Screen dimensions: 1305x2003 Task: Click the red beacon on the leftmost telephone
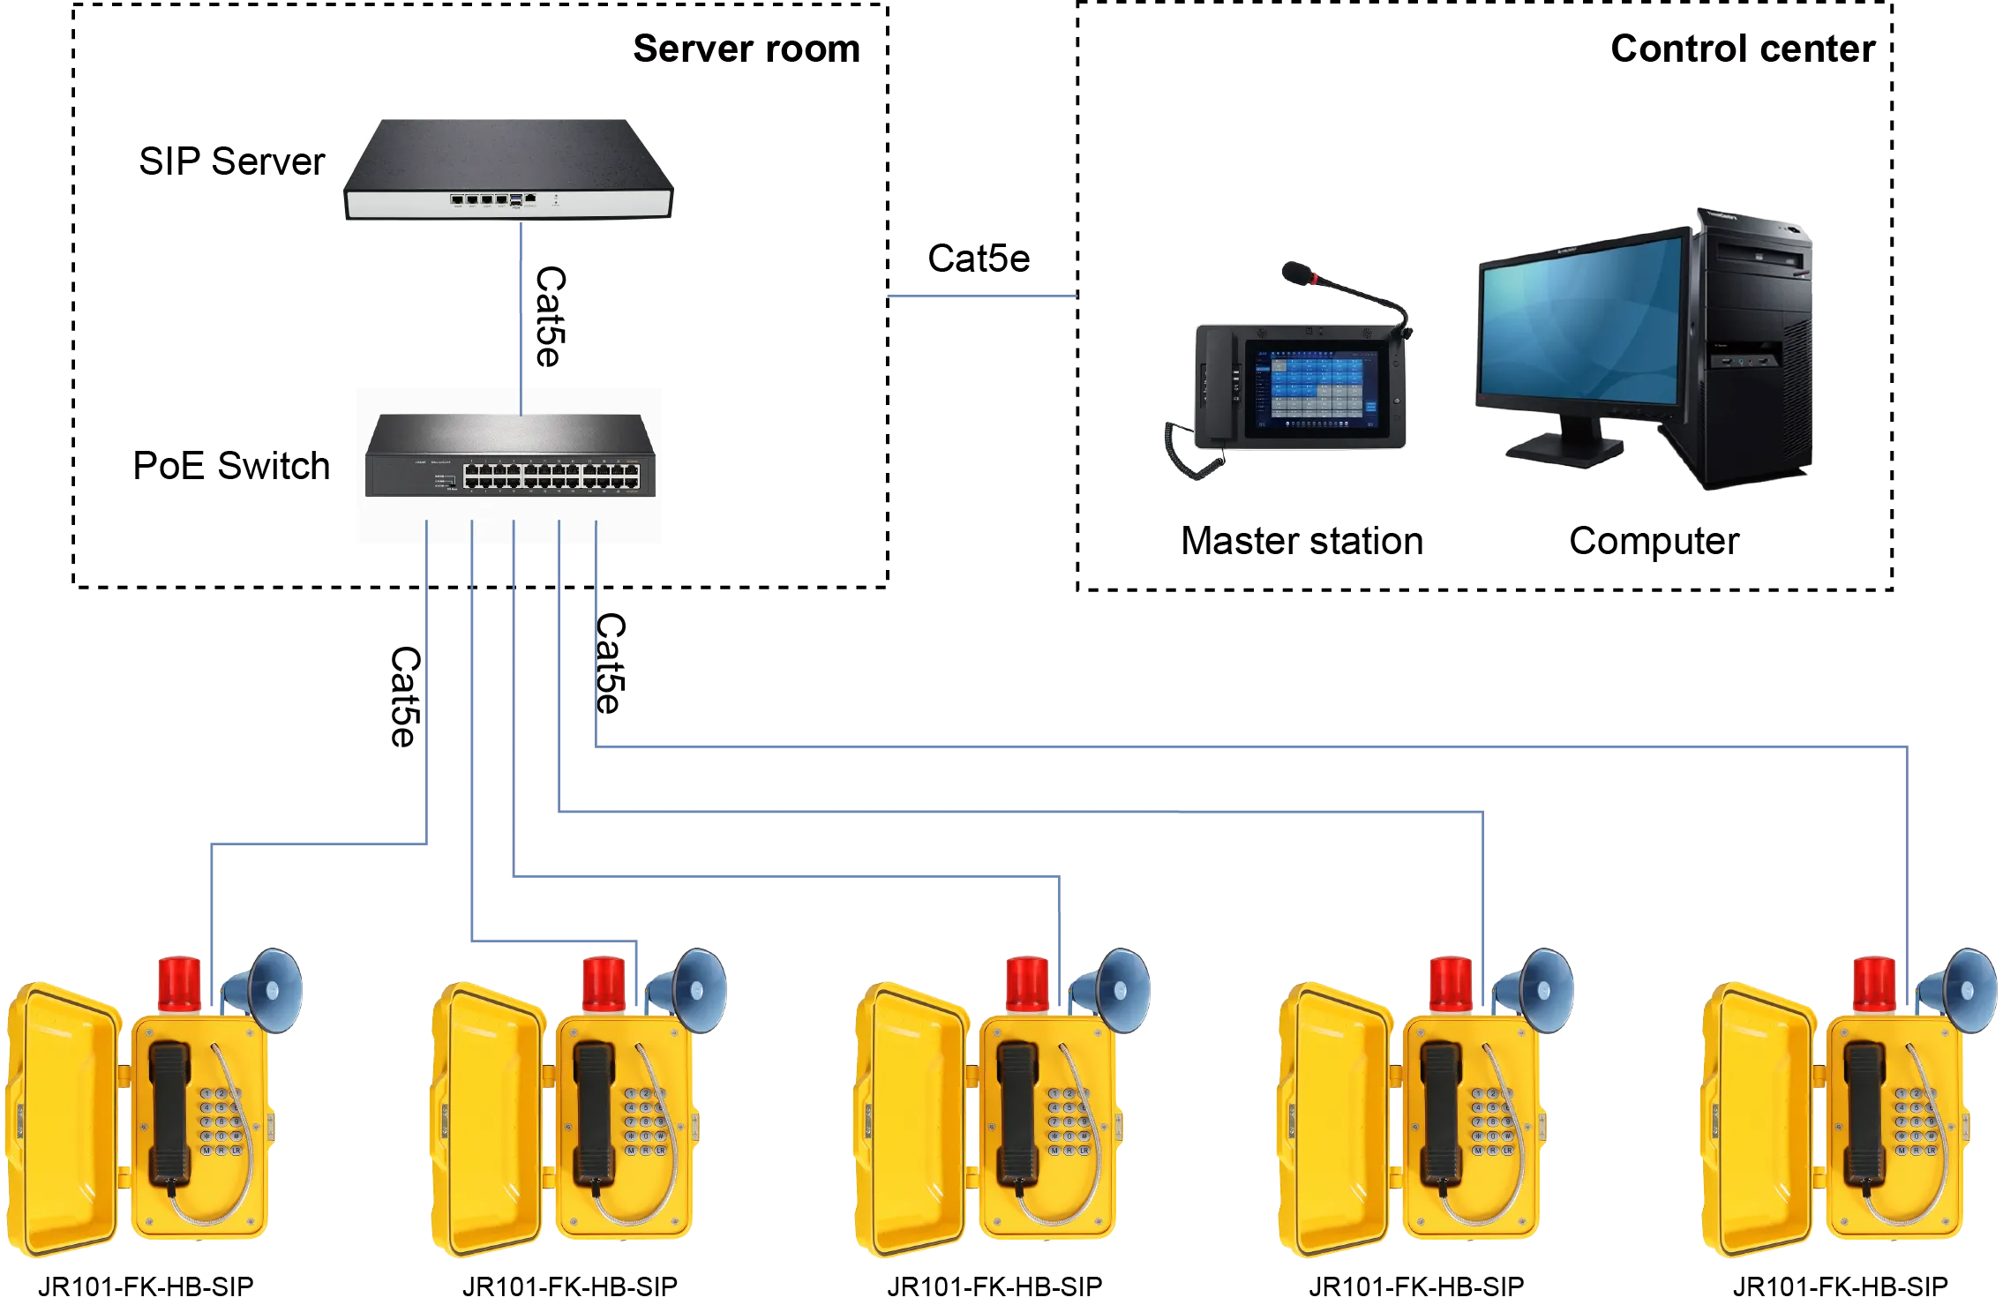179,981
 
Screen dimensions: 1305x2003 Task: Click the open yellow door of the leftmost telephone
62,1121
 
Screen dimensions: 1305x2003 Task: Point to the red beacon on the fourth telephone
1451,981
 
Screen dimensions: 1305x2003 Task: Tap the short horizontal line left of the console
979,297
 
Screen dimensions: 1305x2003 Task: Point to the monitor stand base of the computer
1564,450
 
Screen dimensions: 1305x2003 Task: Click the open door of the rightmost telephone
1756,1121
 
